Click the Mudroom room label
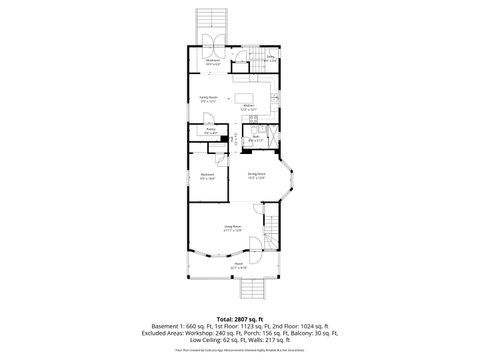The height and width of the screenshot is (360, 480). tap(212, 61)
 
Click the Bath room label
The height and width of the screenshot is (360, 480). tap(255, 139)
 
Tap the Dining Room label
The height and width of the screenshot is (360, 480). tap(257, 175)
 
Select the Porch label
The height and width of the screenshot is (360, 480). tap(239, 266)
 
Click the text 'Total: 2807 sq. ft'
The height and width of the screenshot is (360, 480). tap(240, 317)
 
